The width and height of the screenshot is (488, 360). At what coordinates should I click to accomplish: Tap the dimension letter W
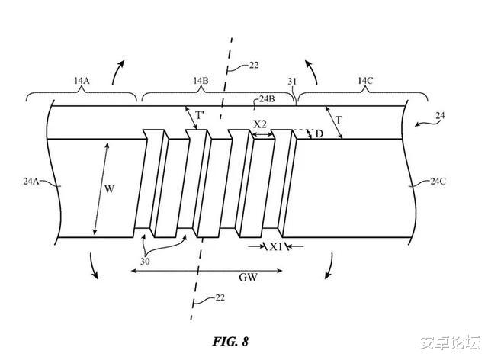tap(109, 188)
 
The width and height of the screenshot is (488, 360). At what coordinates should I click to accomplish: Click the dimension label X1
tap(276, 247)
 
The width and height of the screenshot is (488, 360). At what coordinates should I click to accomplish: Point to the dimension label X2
tap(261, 124)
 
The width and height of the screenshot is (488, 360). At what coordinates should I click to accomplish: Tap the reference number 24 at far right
tap(441, 116)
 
